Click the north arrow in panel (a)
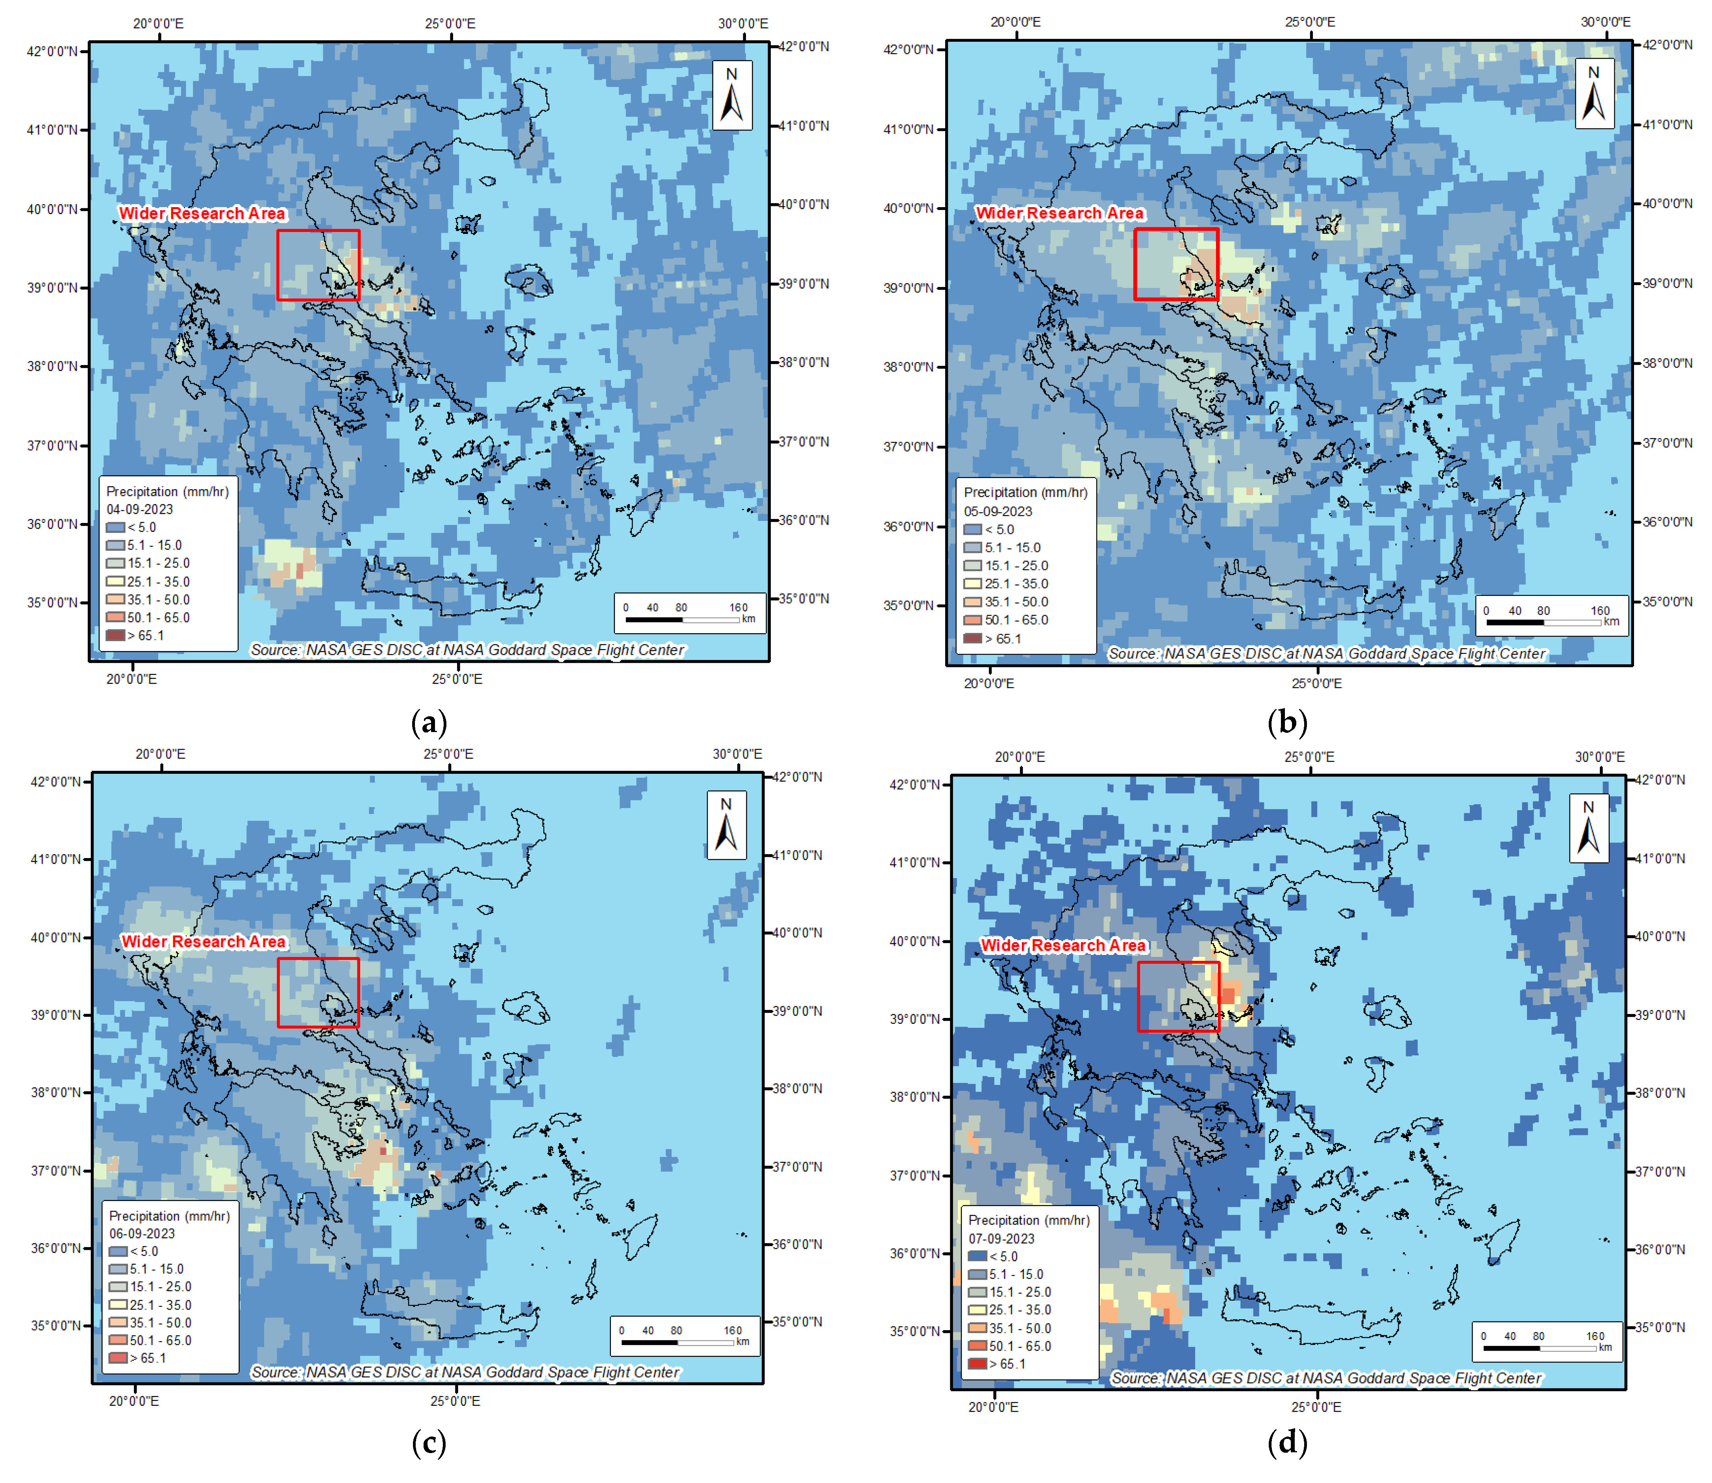pos(731,95)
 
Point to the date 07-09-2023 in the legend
pos(1001,1239)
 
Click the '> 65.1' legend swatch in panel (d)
pos(977,1364)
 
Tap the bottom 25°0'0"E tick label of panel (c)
pos(454,1401)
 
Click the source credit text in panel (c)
pos(465,1372)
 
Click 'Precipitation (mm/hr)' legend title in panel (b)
pos(1025,492)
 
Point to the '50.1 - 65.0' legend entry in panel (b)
pos(1016,620)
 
